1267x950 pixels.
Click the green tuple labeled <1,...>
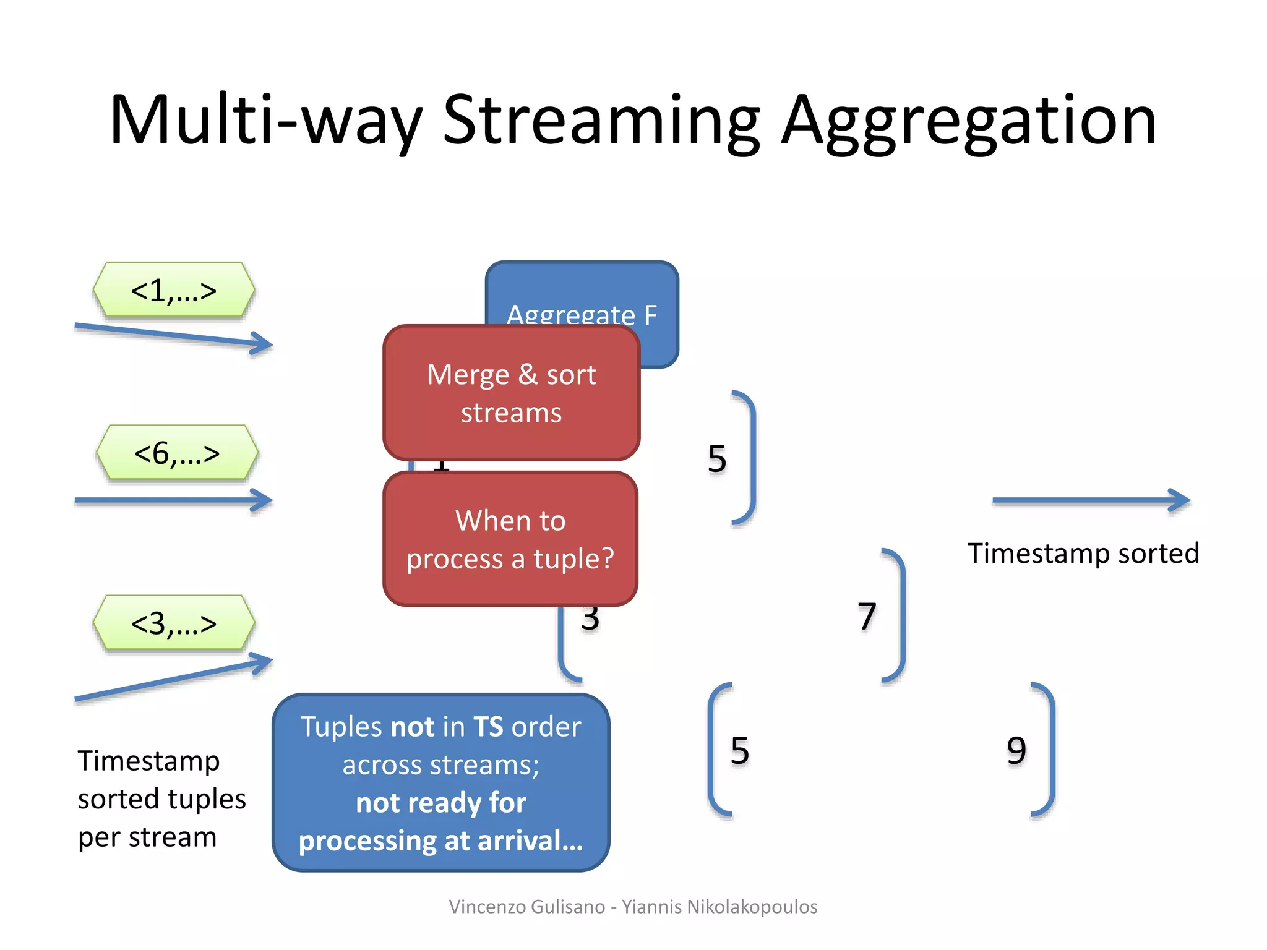pos(174,290)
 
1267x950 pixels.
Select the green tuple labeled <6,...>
pos(177,453)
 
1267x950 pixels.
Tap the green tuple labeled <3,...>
pos(174,623)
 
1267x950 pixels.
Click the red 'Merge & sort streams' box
pos(511,393)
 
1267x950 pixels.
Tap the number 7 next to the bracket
pos(867,617)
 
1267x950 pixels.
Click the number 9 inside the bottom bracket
pos(1016,751)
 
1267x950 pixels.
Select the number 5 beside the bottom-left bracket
pos(740,751)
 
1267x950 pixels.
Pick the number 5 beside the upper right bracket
pos(717,459)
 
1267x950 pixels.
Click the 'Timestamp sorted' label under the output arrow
pos(1083,553)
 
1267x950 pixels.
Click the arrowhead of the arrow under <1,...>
pos(263,343)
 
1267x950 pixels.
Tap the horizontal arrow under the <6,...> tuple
pos(173,500)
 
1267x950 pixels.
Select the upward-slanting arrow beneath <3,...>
pos(173,680)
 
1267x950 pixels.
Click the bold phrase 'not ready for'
pos(441,803)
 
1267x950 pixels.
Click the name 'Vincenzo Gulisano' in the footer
pos(526,907)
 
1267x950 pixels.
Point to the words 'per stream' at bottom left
pos(147,837)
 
